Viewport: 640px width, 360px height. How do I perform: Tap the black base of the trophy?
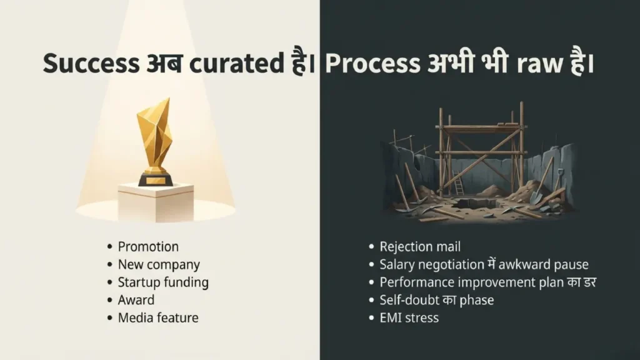coord(155,179)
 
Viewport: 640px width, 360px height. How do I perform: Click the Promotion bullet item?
coord(148,247)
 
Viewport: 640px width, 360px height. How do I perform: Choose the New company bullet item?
coord(159,265)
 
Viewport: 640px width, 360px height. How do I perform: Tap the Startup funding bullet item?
coord(163,282)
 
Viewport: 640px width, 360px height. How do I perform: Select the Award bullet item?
coord(136,300)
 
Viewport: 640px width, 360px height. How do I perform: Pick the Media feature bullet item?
coord(158,318)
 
